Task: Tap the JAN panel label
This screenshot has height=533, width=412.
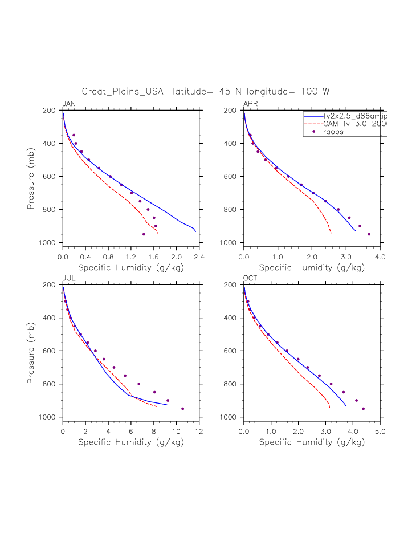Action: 69,103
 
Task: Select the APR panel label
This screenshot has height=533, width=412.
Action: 250,103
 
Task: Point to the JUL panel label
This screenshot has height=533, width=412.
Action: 68,278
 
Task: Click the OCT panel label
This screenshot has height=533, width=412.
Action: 250,278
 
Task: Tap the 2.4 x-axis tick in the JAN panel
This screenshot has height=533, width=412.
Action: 199,257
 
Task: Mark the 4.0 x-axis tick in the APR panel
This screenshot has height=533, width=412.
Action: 380,257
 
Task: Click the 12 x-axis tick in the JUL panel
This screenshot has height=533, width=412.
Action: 199,432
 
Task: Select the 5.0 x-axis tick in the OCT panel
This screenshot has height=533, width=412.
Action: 380,432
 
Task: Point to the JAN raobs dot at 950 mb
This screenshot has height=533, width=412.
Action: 144,234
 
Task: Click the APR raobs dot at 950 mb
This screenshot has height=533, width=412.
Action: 369,234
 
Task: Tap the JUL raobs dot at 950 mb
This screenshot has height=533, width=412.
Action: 182,409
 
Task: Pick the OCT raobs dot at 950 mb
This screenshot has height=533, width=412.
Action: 363,409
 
